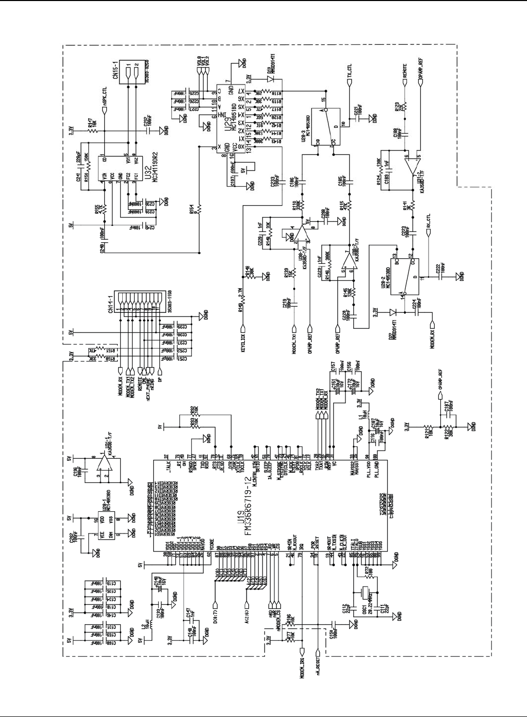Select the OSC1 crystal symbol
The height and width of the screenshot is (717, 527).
[366, 593]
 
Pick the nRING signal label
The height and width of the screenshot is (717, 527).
[151, 383]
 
